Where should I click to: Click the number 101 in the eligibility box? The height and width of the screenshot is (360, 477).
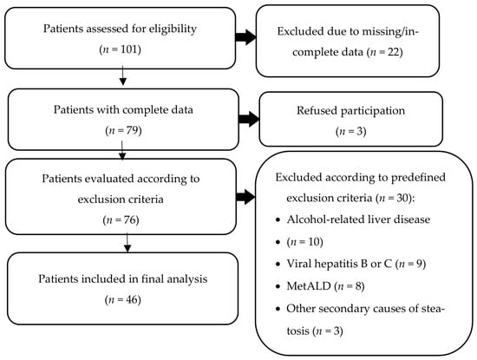(x=129, y=49)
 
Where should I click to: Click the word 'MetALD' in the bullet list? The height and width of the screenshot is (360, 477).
(x=309, y=286)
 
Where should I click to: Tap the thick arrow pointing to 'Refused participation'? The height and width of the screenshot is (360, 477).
(x=249, y=119)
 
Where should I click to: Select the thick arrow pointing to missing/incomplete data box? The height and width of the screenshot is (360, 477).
(x=245, y=37)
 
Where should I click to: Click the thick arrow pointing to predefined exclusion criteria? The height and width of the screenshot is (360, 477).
(x=245, y=197)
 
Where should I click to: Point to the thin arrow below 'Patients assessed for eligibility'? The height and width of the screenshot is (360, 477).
(x=122, y=75)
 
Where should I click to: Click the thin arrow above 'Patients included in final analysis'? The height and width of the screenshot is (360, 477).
(x=127, y=243)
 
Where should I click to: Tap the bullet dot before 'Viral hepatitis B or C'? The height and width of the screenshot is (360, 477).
(x=278, y=264)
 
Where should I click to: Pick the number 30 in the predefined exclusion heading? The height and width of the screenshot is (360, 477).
(x=402, y=198)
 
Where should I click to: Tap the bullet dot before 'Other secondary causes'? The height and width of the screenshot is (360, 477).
(x=278, y=309)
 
